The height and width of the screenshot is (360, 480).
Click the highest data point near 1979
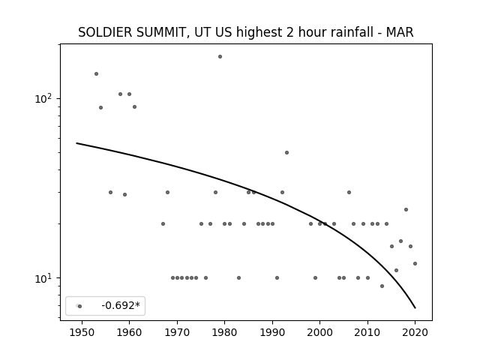coord(220,57)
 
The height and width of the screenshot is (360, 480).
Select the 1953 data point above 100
coord(97,73)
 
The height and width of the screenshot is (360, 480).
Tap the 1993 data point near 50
coord(286,152)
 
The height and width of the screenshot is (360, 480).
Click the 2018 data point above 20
coord(406,210)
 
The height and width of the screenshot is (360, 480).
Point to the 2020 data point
coord(415,263)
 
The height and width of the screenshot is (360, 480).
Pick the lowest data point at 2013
coord(382,286)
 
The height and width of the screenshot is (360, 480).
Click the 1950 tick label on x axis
coord(82,332)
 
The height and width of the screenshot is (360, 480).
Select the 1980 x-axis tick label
coord(225,332)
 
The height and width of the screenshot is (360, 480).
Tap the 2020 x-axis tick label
coord(415,332)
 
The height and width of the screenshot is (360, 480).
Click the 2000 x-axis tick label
coord(320,332)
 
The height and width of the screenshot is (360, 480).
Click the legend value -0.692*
coord(121,305)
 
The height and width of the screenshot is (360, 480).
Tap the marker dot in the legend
coord(80,306)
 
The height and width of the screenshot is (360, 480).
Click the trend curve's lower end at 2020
coord(415,308)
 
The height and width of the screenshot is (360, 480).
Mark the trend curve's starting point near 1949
coord(76,143)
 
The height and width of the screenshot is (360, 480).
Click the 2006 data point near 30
coord(349,192)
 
